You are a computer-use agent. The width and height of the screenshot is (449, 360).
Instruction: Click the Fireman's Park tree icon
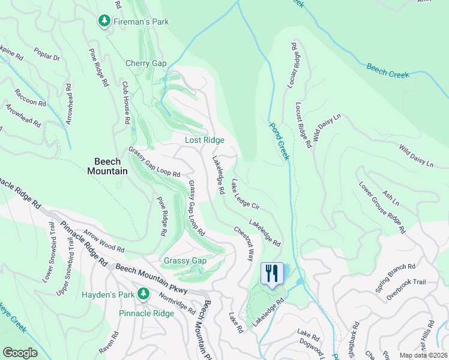point(104,22)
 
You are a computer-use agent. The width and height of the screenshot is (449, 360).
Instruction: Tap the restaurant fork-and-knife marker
point(272,274)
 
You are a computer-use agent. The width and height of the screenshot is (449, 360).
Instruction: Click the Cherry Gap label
point(146,63)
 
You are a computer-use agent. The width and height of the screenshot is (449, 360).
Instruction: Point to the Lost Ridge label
point(204,140)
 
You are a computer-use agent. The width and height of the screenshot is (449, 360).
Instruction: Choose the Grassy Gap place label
point(185,260)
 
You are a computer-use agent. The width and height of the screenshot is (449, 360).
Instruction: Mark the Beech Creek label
point(388,70)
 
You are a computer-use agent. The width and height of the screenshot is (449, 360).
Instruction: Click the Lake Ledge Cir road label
point(245,194)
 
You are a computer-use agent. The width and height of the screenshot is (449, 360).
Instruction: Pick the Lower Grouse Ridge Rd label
point(382,208)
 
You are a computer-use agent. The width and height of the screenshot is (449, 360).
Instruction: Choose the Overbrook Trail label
point(405,289)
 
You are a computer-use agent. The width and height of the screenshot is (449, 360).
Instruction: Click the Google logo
point(20,353)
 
